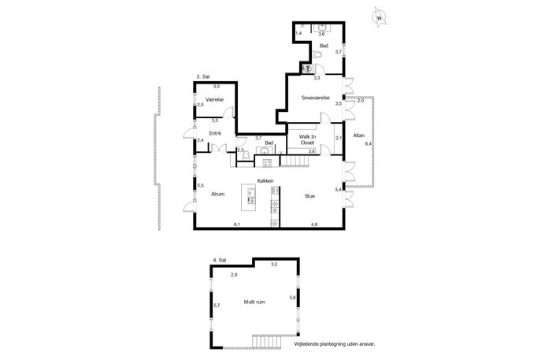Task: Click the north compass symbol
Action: click(380, 17)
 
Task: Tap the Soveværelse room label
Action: click(315, 98)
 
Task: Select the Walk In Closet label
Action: click(307, 139)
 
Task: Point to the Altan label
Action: click(358, 135)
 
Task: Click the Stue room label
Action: click(309, 196)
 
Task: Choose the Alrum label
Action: click(217, 194)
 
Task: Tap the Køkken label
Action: click(265, 181)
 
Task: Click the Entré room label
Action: click(215, 133)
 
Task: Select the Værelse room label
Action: click(215, 99)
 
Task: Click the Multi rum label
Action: click(254, 302)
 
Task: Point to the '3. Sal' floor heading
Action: click(203, 76)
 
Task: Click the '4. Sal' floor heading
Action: click(220, 260)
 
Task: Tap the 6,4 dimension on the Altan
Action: click(368, 144)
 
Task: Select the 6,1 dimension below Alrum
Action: click(237, 225)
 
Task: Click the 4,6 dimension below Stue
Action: click(314, 225)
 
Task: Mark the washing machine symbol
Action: click(307, 69)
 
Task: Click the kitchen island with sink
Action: click(248, 198)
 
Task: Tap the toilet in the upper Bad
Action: click(317, 54)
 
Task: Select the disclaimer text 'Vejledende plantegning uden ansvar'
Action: click(335, 344)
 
